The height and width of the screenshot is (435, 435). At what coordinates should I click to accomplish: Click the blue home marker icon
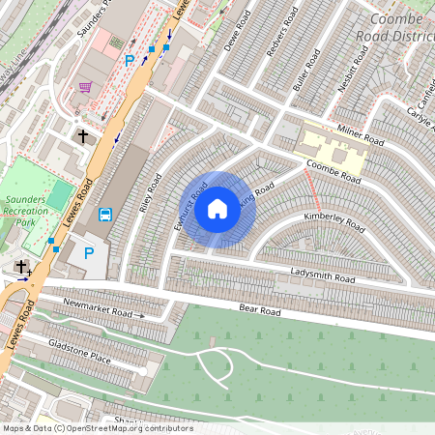click(x=217, y=208)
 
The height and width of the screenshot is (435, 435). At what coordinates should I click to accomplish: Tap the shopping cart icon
click(x=85, y=87)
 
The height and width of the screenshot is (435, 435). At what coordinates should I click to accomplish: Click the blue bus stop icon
click(x=105, y=214)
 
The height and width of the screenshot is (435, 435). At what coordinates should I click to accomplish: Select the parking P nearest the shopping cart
click(x=130, y=60)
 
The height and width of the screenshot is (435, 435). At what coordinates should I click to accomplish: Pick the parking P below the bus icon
click(x=89, y=253)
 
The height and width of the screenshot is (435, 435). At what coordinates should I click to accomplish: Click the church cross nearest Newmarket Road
click(x=21, y=266)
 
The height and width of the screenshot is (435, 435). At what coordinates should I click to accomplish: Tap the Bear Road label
click(x=259, y=312)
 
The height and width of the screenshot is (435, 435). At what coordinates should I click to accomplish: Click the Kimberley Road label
click(x=333, y=222)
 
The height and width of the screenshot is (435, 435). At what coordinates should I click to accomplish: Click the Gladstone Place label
click(x=81, y=357)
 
